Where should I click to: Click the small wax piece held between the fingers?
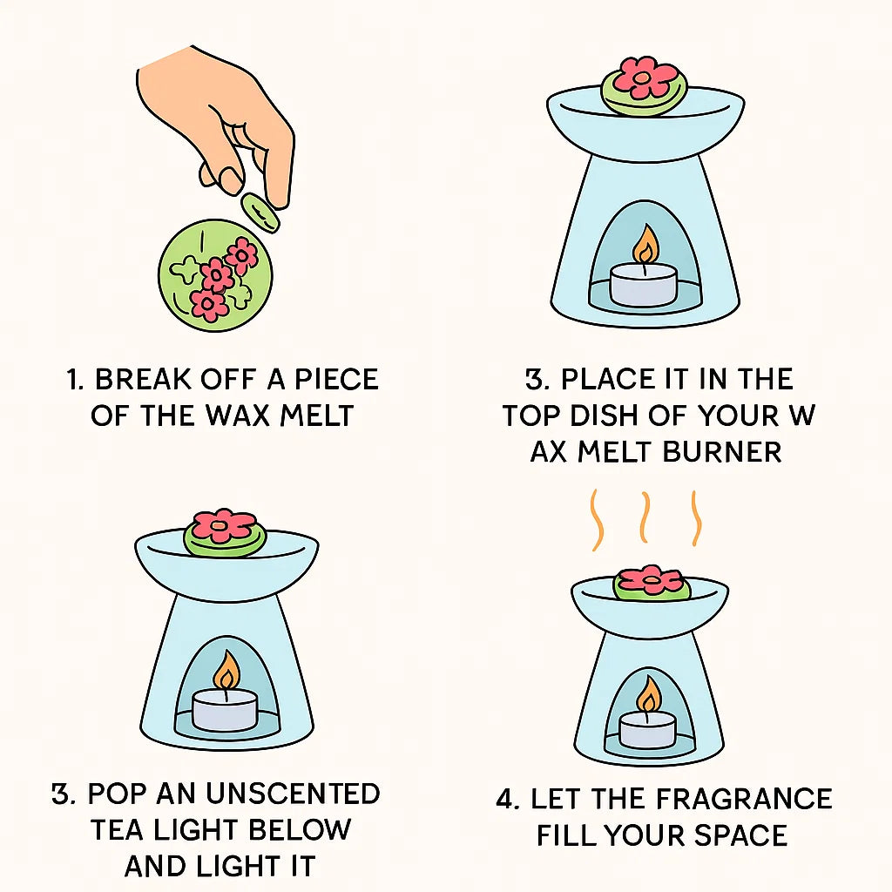click(260, 213)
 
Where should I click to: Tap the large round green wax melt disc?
click(215, 276)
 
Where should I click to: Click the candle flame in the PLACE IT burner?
click(645, 246)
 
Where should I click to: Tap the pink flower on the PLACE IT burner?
click(645, 77)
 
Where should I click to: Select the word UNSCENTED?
click(293, 794)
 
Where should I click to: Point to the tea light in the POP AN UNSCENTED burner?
click(225, 709)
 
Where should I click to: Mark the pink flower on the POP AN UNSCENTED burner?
click(224, 525)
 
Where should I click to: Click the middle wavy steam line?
click(645, 517)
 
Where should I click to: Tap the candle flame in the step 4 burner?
click(648, 694)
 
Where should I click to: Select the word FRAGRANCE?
click(744, 799)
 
